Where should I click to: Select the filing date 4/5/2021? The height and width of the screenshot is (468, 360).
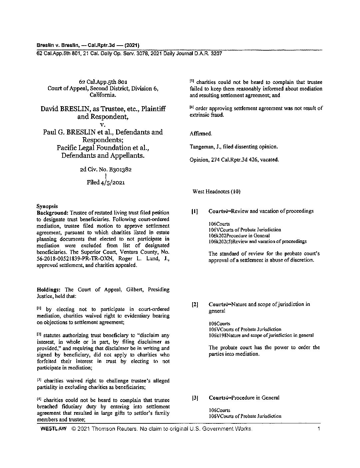pyautogui.click(x=112, y=182)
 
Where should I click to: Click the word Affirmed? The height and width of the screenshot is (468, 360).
pyautogui.click(x=200, y=133)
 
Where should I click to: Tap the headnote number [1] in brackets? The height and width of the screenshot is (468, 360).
pyautogui.click(x=195, y=211)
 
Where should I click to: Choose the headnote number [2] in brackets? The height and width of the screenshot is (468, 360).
pyautogui.click(x=195, y=304)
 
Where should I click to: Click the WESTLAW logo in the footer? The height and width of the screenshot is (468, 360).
pyautogui.click(x=54, y=429)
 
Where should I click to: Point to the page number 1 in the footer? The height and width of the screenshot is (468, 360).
pyautogui.click(x=319, y=429)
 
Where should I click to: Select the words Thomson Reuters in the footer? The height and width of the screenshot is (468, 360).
pyautogui.click(x=114, y=429)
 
